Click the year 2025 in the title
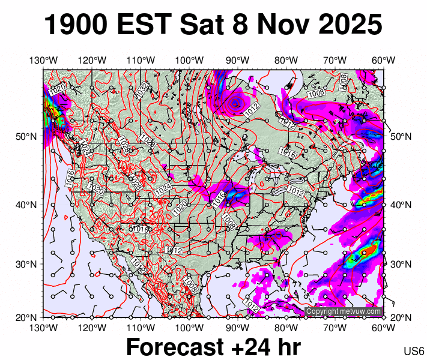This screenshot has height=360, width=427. [x=347, y=25]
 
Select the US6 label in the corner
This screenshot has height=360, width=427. [x=414, y=350]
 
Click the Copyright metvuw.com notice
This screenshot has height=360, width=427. [x=344, y=311]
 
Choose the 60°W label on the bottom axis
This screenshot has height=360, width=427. [x=383, y=327]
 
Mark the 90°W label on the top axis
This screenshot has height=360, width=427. [x=238, y=60]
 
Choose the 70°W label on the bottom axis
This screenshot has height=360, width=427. [x=335, y=327]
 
